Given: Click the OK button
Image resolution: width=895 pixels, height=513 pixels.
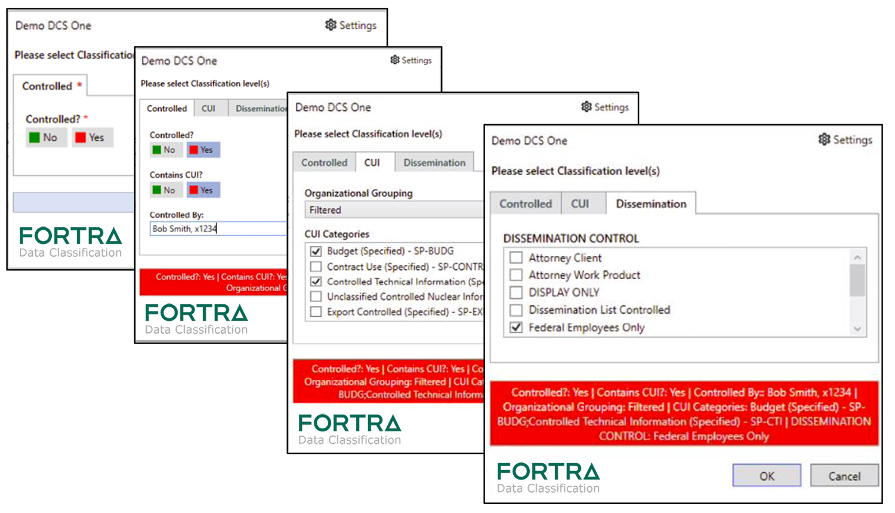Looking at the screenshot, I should click(766, 475).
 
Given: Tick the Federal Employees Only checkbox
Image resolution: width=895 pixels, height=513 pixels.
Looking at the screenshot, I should click(517, 327).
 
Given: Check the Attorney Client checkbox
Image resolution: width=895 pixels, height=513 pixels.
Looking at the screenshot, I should click(517, 258).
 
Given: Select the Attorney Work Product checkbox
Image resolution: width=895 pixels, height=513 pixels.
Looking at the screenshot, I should click(517, 275).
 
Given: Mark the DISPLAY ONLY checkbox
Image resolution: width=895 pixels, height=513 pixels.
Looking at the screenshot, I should click(517, 292).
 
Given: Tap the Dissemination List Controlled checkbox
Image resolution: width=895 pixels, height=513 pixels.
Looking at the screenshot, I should click(517, 310).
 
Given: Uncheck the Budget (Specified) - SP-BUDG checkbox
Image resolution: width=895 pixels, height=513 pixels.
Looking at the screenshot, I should click(316, 251).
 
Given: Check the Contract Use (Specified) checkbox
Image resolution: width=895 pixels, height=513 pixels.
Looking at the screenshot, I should click(316, 267).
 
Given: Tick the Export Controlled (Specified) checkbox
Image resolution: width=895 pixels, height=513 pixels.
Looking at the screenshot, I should click(316, 311).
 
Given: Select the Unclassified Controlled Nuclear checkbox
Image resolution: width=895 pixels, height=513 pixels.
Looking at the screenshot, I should click(316, 296).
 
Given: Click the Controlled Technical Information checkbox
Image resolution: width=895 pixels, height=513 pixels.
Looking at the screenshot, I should click(316, 282).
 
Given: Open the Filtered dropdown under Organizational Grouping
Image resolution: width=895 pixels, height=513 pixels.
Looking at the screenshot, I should click(394, 210).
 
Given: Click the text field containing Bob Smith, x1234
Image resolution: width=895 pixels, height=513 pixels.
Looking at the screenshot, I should click(218, 228).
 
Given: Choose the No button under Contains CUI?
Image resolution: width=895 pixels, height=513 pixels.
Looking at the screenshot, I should click(163, 190).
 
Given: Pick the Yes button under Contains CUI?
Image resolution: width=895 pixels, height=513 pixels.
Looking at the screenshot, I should click(203, 190).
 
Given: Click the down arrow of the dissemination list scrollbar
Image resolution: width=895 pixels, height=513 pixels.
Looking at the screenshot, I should click(857, 329).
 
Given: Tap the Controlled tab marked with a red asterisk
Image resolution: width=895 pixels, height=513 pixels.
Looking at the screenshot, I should click(51, 86).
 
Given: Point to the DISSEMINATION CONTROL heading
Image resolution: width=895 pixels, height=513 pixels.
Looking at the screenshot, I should click(570, 239).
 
